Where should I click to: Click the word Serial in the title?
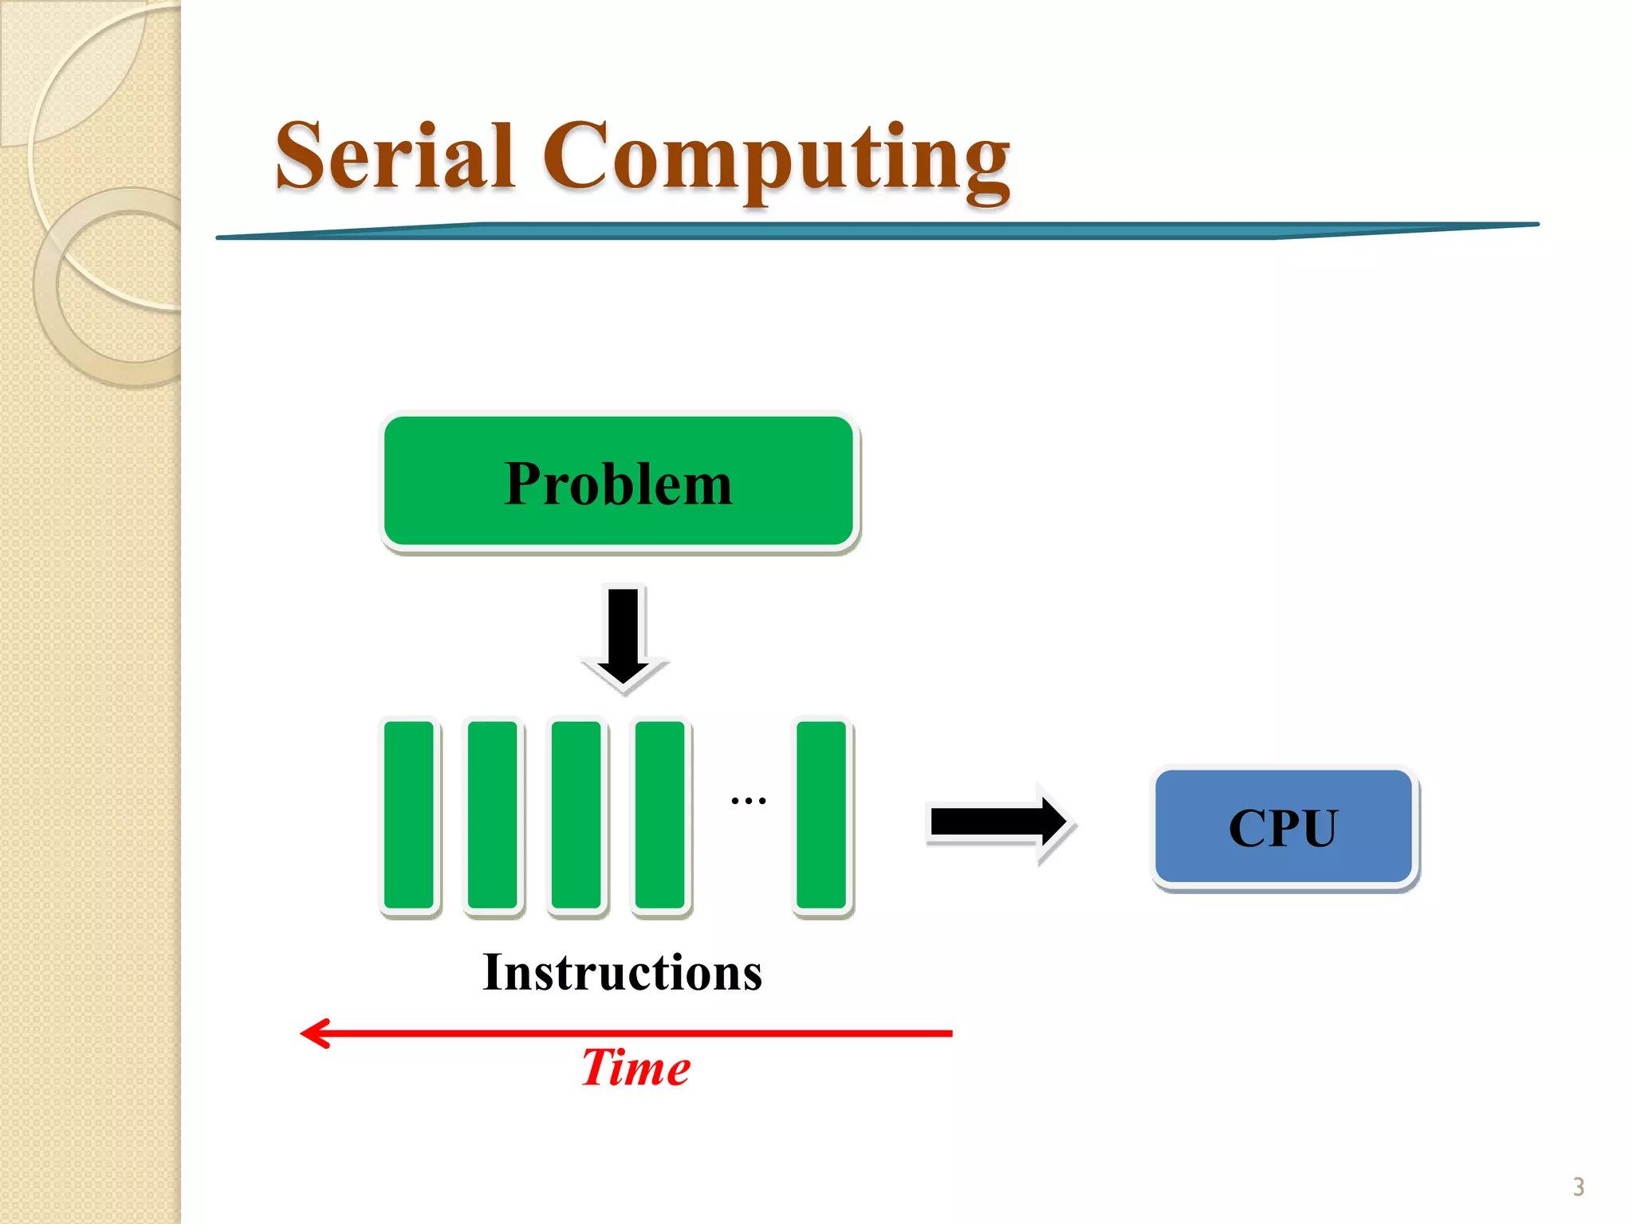point(394,157)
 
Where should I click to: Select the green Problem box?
point(619,482)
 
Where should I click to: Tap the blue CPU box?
point(1283,827)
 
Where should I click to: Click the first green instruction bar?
point(409,814)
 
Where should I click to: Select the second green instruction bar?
point(493,814)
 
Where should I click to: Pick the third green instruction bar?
point(576,814)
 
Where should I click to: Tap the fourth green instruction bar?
point(660,814)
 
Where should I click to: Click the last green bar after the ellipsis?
point(822,814)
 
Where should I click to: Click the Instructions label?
point(622,973)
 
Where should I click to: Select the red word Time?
point(635,1068)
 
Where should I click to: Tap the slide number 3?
point(1578,1187)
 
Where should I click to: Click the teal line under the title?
point(877,230)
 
